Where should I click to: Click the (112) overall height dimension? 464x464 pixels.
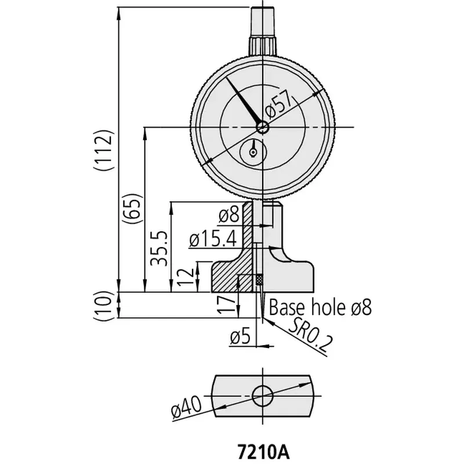[104, 150]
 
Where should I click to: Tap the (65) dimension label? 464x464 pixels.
[132, 210]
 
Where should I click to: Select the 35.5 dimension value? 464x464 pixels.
[159, 249]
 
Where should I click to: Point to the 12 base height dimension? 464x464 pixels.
[186, 277]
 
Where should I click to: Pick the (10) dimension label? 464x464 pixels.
[104, 306]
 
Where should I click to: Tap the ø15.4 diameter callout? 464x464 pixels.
[213, 239]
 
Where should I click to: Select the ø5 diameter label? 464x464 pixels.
[240, 337]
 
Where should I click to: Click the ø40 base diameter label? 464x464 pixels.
[186, 408]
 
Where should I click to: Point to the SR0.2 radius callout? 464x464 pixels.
[310, 335]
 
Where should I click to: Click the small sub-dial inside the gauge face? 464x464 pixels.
[253, 153]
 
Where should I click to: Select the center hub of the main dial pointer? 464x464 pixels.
[263, 128]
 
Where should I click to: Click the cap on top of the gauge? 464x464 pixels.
[263, 31]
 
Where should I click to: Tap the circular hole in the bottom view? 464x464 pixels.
[263, 396]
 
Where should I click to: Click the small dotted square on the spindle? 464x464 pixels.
[259, 280]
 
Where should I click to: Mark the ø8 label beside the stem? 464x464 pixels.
[229, 215]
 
